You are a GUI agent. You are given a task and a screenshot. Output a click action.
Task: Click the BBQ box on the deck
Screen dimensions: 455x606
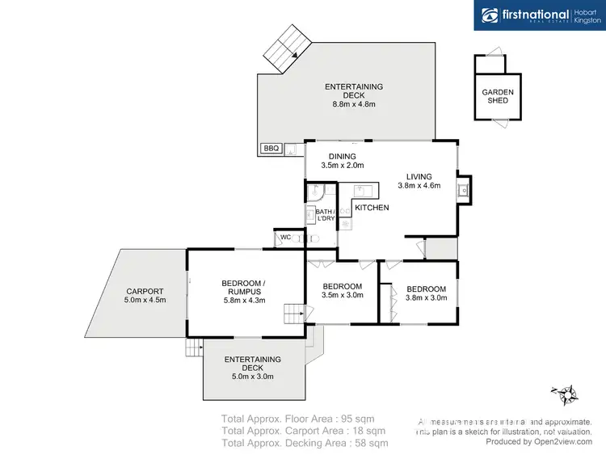pos(271,148)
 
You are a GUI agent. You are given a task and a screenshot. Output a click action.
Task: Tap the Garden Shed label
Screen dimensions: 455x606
pos(498,96)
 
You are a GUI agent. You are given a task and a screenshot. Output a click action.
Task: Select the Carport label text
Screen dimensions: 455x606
pos(145,292)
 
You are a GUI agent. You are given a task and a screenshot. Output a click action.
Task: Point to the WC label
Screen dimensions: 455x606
pos(285,237)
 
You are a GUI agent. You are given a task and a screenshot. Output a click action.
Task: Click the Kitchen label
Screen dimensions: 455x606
pos(372,208)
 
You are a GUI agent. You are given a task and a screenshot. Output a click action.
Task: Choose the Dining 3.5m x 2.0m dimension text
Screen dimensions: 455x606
pos(338,166)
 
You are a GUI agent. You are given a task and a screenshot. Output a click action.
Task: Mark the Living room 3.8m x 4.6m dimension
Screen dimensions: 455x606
pos(419,186)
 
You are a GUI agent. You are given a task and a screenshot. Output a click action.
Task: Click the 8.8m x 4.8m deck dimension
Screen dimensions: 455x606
pos(354,104)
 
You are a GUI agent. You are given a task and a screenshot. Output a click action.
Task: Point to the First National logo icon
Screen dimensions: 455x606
pos(490,15)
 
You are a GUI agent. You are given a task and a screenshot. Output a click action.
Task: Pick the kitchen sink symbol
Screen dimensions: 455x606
pos(363,191)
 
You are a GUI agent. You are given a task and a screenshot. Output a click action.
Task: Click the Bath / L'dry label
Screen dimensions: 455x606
pos(326,216)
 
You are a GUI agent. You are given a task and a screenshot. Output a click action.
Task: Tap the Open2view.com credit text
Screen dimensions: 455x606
pos(539,441)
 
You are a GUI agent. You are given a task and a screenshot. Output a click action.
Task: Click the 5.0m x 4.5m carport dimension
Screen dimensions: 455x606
pos(145,301)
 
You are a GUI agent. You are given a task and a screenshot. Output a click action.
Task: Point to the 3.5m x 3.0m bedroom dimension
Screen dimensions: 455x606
pos(343,296)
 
